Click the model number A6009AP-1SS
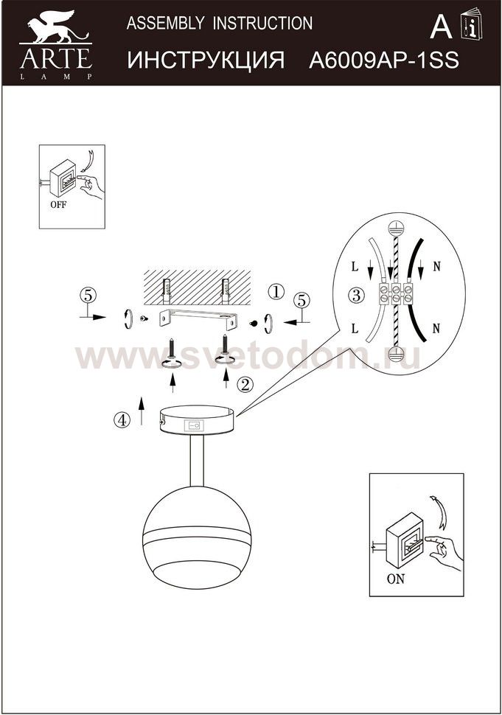(384, 60)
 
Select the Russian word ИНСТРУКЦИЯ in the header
(206, 60)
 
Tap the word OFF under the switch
(58, 204)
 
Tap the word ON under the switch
(396, 579)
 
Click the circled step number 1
(276, 291)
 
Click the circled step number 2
(245, 385)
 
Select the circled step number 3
(356, 296)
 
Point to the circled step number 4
(122, 420)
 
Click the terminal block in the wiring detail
(397, 293)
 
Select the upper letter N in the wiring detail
(437, 267)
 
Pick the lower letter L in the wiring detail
(355, 328)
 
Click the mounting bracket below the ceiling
(198, 320)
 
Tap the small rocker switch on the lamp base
(193, 426)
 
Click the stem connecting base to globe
(197, 461)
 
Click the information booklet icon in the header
(472, 24)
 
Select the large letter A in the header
(441, 27)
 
